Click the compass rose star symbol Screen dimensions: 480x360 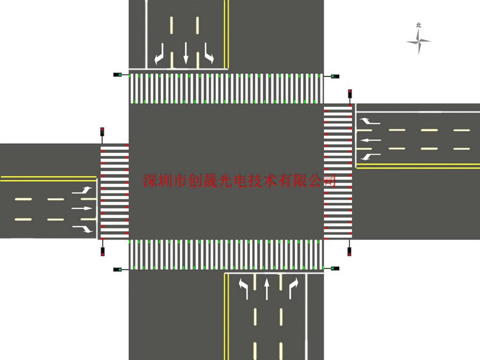click(419, 41)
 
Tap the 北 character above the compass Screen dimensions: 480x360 click(419, 25)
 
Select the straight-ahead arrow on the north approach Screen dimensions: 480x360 click(185, 53)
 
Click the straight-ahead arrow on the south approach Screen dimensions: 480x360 click(266, 288)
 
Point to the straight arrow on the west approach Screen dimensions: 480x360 click(82, 208)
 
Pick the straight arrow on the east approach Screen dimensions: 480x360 click(371, 140)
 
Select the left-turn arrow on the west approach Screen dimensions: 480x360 click(82, 191)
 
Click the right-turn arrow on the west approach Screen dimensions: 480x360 click(83, 229)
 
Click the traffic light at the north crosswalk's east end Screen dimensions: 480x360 click(335, 76)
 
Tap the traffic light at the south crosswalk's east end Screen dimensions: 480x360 click(335, 268)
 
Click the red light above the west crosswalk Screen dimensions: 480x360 click(102, 132)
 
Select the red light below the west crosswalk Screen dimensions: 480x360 click(103, 252)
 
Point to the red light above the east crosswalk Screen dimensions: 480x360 click(349, 94)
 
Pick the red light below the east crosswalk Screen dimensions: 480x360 click(349, 252)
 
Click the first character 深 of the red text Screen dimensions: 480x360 click(150, 180)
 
